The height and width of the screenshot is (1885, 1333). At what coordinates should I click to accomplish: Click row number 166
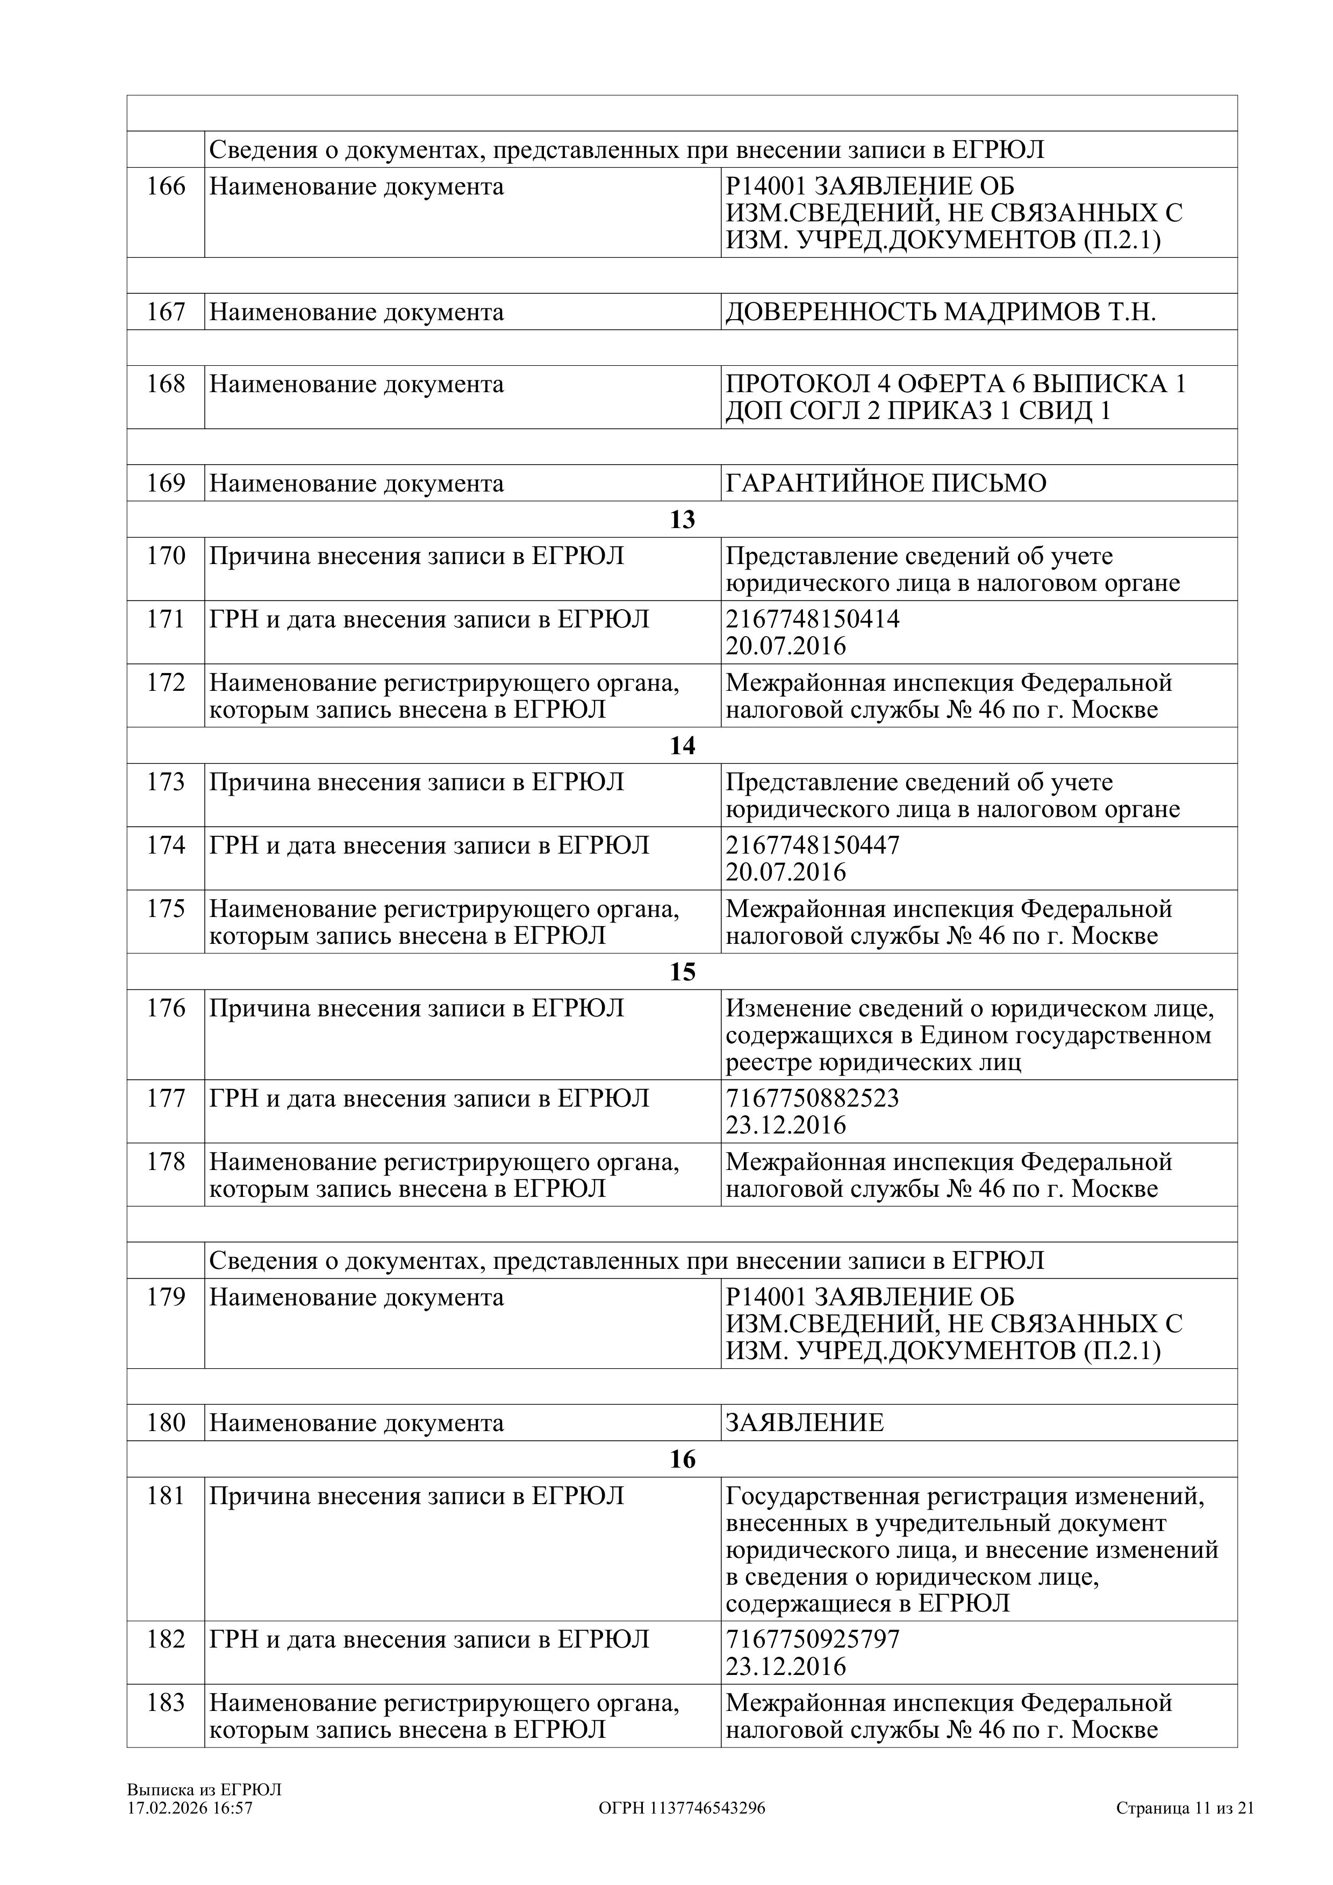[x=166, y=187]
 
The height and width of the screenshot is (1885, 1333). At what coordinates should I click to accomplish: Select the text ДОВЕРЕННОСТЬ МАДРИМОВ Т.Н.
[x=941, y=313]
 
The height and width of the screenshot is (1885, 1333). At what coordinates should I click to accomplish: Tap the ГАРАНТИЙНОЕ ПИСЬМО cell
[x=886, y=483]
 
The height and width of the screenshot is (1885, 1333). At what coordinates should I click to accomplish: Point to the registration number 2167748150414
[x=812, y=619]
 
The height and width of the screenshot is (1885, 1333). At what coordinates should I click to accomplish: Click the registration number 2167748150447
[x=812, y=845]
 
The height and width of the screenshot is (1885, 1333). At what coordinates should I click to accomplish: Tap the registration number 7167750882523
[x=812, y=1099]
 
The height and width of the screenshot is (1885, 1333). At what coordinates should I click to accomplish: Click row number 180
[x=166, y=1423]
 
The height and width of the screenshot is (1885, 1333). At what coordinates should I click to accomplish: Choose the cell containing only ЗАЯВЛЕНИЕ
[x=805, y=1423]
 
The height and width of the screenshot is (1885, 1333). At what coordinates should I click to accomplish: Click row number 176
[x=166, y=1008]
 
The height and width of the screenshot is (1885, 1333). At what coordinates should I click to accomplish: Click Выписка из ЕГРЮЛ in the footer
[x=204, y=1790]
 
